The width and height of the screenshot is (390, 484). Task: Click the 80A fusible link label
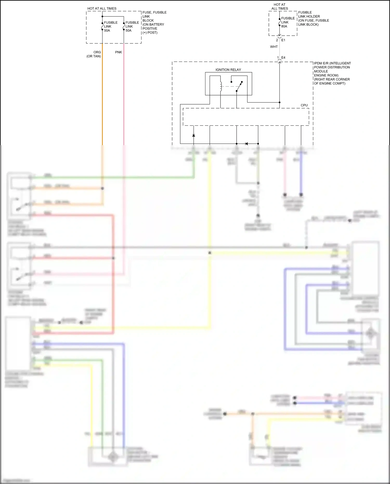[288, 22]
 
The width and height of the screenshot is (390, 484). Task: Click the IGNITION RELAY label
[228, 70]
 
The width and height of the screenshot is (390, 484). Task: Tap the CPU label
[304, 105]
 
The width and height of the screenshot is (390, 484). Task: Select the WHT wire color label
[274, 47]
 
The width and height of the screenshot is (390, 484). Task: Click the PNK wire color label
[119, 52]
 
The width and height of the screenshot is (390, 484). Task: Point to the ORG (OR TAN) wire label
[94, 54]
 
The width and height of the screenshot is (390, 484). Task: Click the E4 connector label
[283, 58]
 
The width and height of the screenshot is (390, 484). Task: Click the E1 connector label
[283, 40]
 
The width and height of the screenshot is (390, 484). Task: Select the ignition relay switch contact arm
[239, 86]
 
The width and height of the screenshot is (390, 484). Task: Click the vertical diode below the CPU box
[193, 135]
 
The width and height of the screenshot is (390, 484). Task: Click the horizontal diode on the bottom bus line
[246, 144]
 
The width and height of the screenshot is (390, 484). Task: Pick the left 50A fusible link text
[110, 27]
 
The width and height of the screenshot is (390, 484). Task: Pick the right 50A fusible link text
[132, 27]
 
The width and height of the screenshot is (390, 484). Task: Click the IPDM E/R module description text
[332, 73]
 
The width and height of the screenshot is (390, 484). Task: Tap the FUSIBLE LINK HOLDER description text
[313, 18]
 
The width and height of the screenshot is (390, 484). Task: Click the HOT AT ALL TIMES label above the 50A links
[102, 9]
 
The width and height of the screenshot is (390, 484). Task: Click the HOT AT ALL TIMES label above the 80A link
[279, 7]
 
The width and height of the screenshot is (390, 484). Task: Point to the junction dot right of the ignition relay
[279, 102]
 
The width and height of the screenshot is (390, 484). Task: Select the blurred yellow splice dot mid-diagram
[210, 253]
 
